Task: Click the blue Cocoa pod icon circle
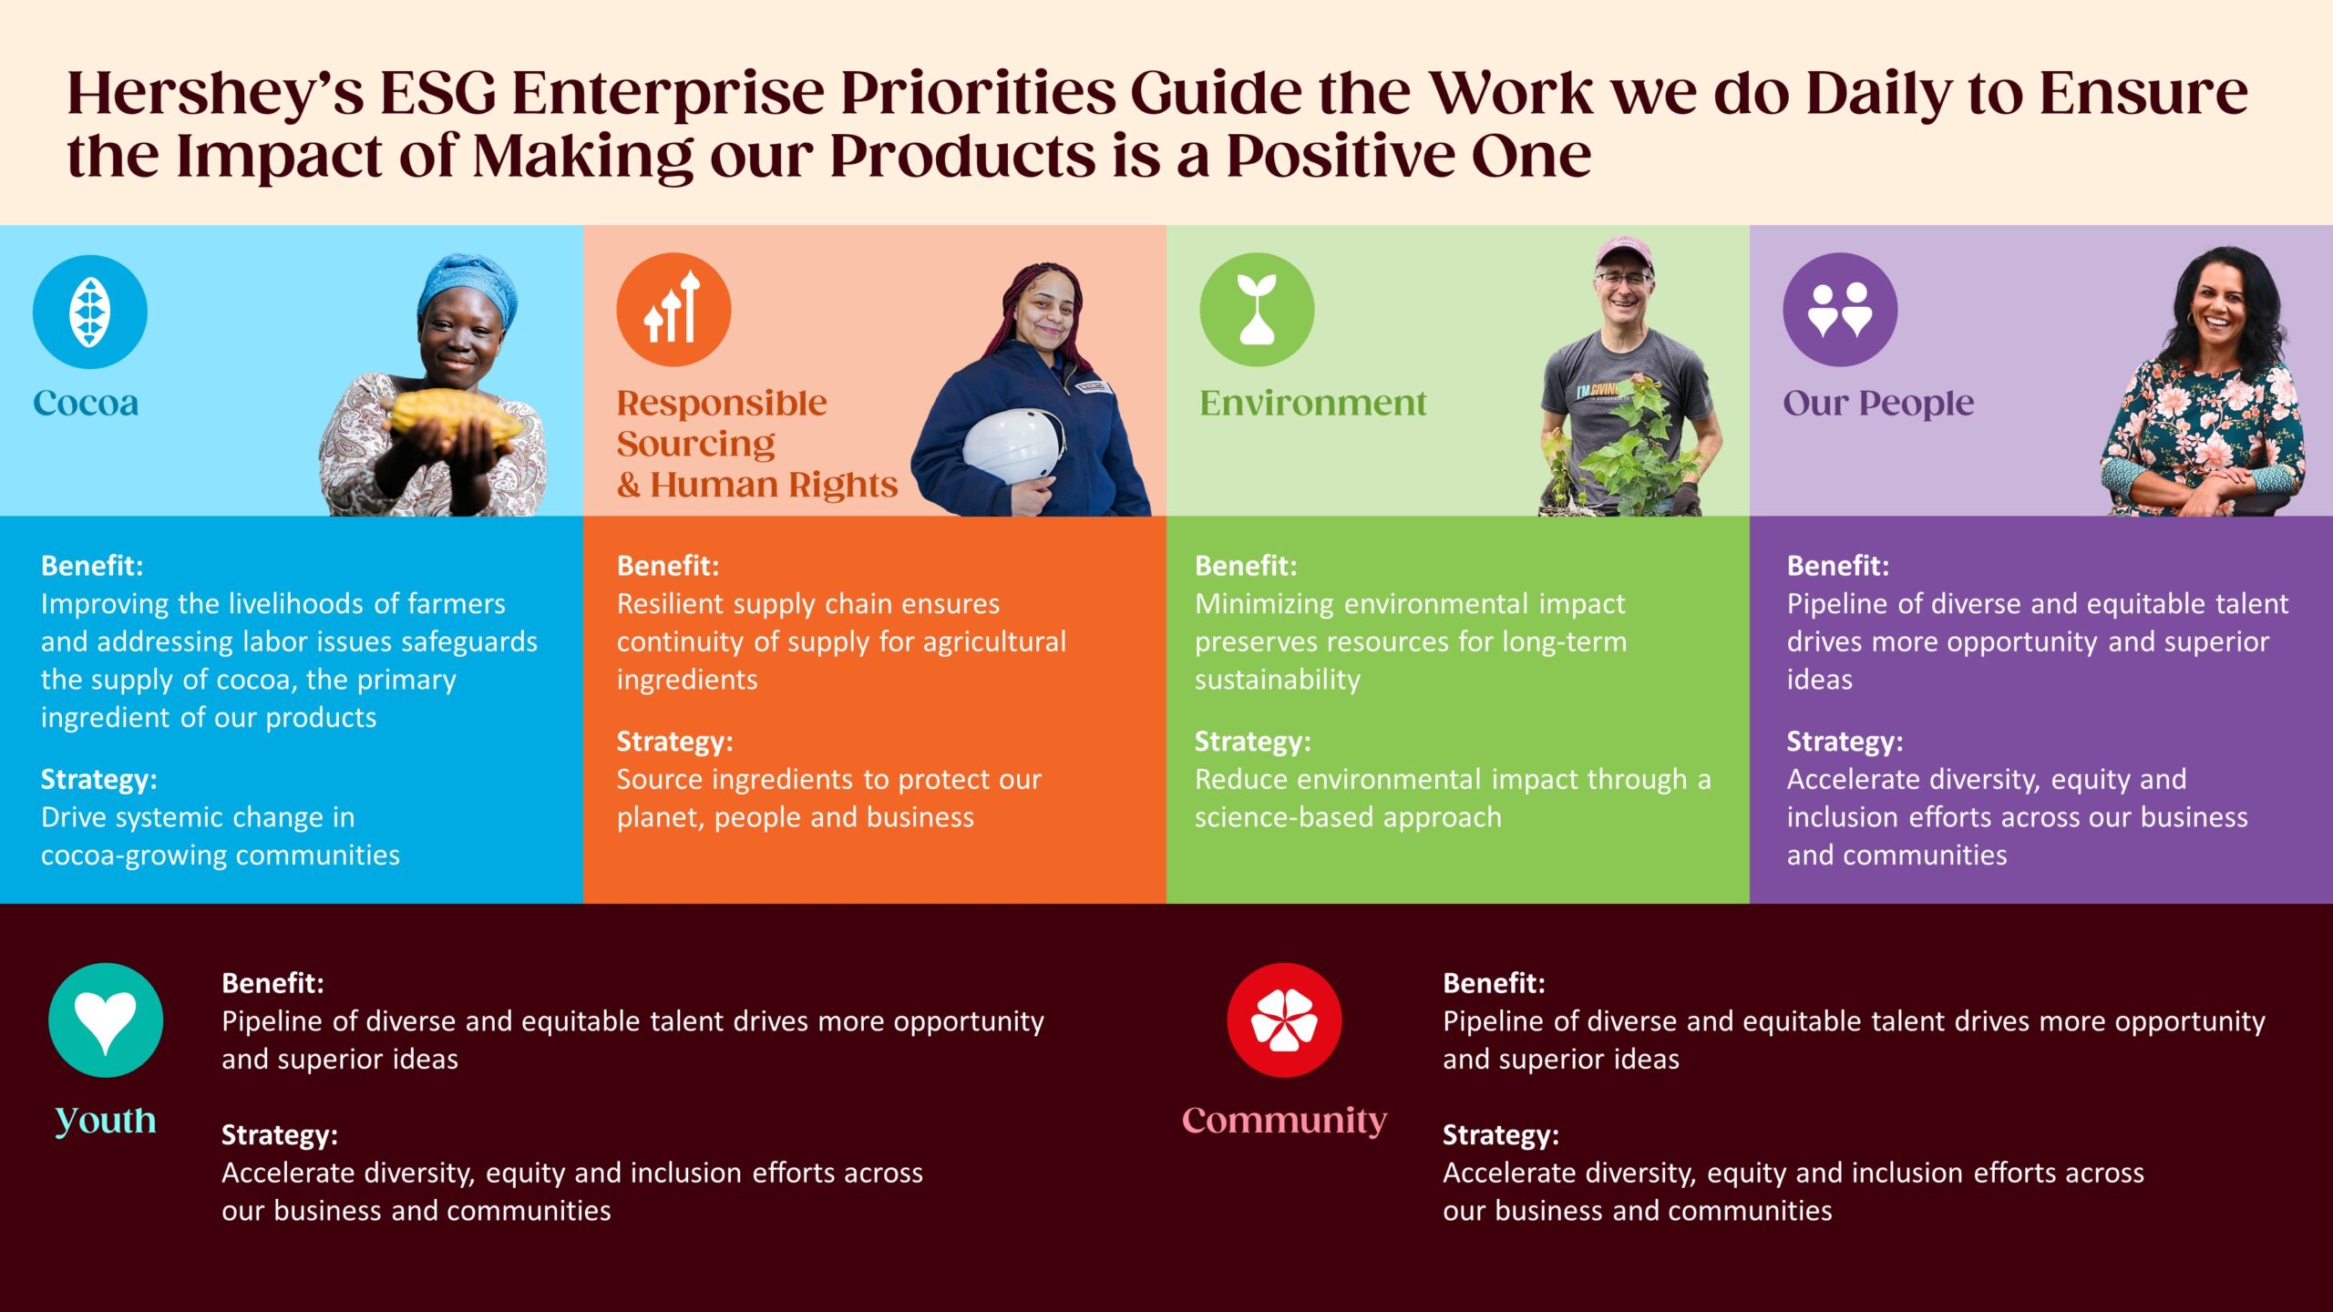click(89, 312)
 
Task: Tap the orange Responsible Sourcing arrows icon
click(673, 310)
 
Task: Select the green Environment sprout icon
click(1257, 310)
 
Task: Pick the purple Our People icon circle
click(1840, 310)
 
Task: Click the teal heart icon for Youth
click(106, 1020)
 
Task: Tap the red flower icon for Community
click(1284, 1020)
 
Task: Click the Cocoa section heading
click(86, 403)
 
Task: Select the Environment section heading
click(1312, 403)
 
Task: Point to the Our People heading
click(1878, 404)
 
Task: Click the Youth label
click(106, 1121)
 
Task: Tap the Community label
click(1284, 1121)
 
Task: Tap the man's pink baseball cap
click(1624, 251)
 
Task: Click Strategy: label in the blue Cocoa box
click(98, 780)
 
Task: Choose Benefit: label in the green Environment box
click(1246, 566)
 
